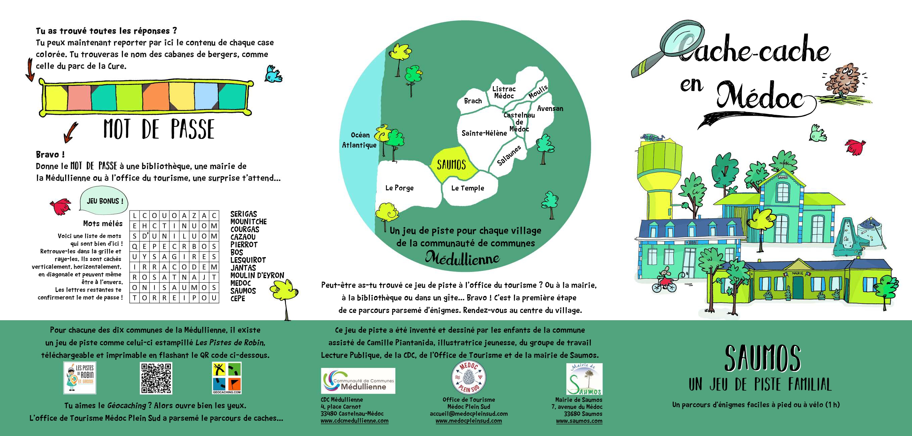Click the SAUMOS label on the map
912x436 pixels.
coord(451,165)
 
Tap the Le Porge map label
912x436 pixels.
coord(399,188)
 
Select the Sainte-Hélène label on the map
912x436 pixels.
coord(484,134)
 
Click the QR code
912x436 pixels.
coord(156,378)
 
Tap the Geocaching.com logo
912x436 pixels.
coord(227,378)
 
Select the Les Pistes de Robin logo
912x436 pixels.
coord(80,378)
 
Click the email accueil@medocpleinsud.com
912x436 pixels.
coord(469,414)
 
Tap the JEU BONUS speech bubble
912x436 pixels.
coord(104,201)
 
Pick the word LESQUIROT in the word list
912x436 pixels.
coord(248,260)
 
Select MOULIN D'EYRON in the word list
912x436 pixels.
coord(257,275)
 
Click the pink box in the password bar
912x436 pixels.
coord(79,96)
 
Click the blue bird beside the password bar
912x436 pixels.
coord(273,75)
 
